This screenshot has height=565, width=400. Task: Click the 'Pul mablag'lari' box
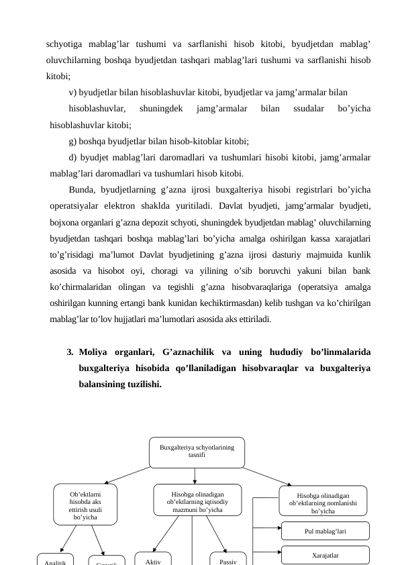[325, 531]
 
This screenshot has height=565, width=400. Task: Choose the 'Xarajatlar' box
[325, 555]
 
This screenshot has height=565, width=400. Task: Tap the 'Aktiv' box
[153, 559]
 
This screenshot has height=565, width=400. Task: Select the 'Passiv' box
[228, 559]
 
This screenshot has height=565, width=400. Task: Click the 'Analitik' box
[54, 560]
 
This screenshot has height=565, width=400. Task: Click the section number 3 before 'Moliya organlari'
[69, 351]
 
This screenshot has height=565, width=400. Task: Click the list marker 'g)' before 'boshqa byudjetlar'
[73, 141]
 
